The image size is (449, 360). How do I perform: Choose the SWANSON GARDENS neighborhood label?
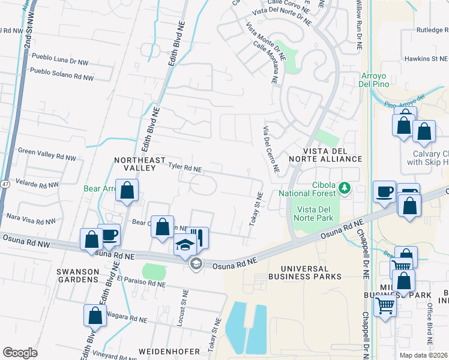[77, 275]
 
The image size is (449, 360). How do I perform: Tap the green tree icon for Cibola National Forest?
[345, 188]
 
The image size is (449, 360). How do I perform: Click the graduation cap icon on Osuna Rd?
[185, 245]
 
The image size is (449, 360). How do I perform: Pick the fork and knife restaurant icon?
[199, 236]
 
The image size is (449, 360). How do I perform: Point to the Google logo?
[20, 353]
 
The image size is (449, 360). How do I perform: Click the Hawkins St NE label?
[426, 59]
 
